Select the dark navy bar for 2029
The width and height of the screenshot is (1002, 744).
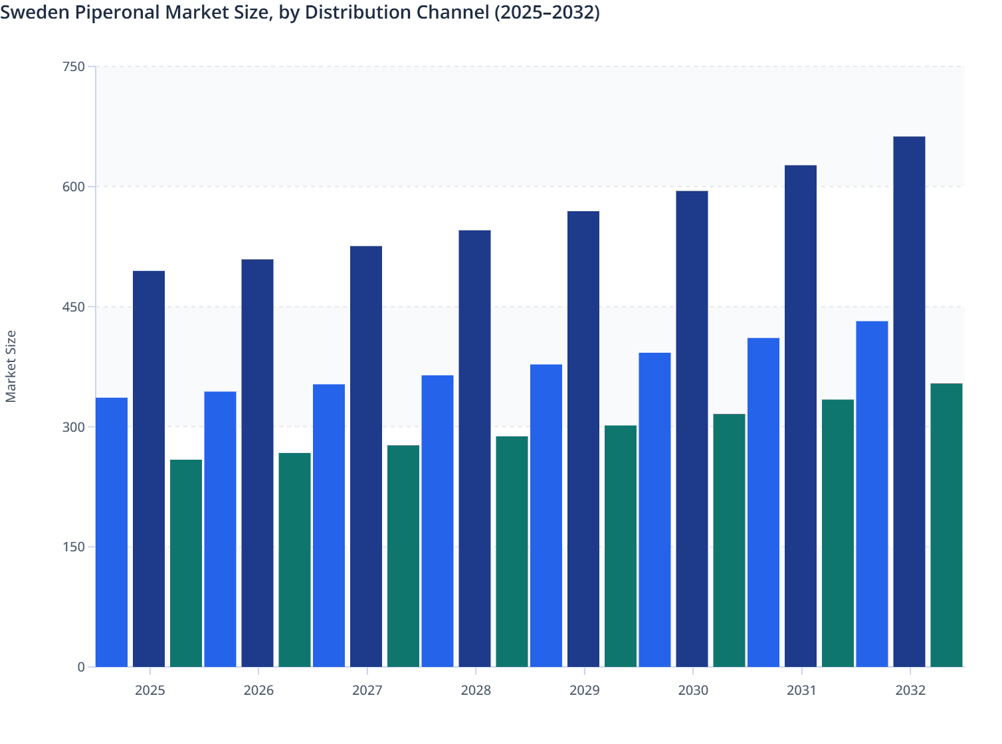(583, 439)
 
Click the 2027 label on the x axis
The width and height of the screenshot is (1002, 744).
(367, 690)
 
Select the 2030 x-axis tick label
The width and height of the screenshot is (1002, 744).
(693, 690)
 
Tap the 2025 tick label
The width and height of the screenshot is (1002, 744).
(150, 690)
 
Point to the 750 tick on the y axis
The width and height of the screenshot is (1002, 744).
(74, 66)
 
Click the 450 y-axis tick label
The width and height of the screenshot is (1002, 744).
(74, 307)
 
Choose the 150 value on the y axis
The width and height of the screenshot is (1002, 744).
(74, 547)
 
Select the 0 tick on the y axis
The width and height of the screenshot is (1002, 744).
(81, 667)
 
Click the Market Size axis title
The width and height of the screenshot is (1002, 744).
(11, 366)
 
